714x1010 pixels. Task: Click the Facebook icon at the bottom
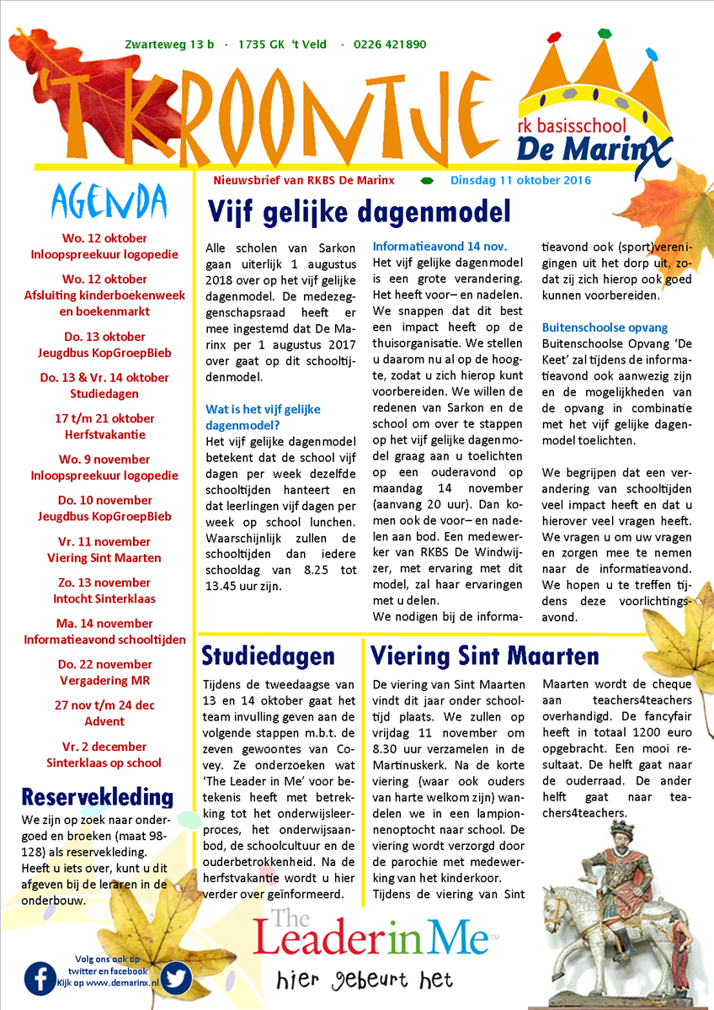pos(40,978)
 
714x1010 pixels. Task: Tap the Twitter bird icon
pos(177,978)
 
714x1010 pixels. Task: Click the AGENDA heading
pos(109,202)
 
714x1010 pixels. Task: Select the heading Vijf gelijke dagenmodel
pos(359,211)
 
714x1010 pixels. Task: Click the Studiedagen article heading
pos(269,656)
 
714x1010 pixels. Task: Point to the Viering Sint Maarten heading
pos(484,656)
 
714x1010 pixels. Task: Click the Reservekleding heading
pos(98,797)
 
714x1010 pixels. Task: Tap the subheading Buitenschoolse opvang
pos(605,327)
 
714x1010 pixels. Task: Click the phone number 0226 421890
pos(390,45)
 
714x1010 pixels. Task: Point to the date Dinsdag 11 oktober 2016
pos(520,180)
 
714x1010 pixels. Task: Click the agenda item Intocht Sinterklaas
pos(104,599)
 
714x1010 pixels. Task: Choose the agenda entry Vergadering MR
pos(104,680)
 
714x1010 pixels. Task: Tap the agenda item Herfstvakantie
pos(104,435)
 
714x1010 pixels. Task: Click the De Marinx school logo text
pos(583,149)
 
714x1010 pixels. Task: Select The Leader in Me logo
pos(370,933)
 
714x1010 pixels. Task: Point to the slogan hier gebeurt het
pos(365,981)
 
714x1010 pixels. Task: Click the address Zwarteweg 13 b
pos(169,45)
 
